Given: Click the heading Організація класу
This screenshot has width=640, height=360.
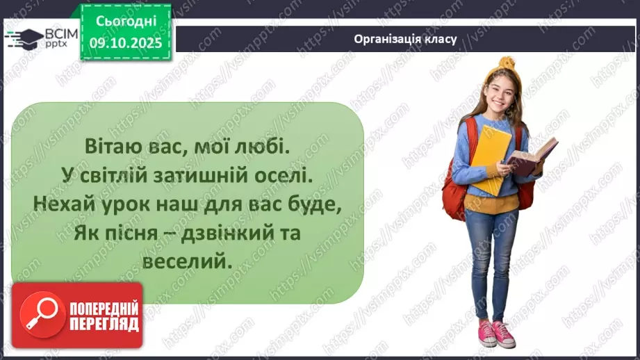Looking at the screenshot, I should (x=405, y=39).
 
